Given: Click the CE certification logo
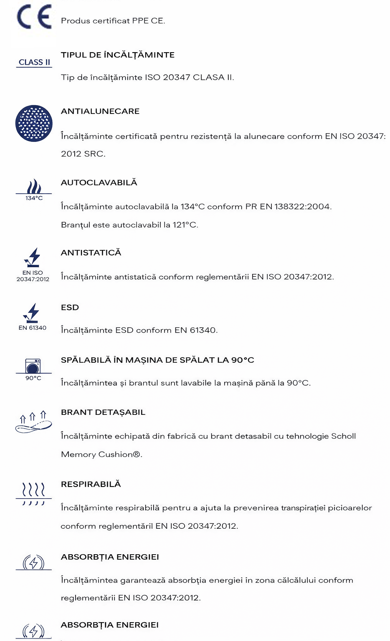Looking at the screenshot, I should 34,17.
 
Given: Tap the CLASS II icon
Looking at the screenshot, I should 34,62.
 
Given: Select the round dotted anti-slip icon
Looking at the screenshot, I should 34,124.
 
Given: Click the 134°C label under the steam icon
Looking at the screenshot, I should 34,198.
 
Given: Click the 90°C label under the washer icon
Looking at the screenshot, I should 33,378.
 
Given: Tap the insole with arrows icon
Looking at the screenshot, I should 33,422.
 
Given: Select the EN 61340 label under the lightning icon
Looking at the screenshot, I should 33,328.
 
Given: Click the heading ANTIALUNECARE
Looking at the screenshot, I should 100,111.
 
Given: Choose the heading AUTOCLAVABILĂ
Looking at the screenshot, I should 99,183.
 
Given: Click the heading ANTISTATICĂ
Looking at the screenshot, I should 91,253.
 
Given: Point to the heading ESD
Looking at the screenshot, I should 70,308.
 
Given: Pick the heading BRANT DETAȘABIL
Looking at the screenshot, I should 103,412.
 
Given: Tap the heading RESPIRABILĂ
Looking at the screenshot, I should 91,484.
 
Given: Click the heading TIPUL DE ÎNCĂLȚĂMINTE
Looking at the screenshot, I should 118,55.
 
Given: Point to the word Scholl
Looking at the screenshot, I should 343,436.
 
